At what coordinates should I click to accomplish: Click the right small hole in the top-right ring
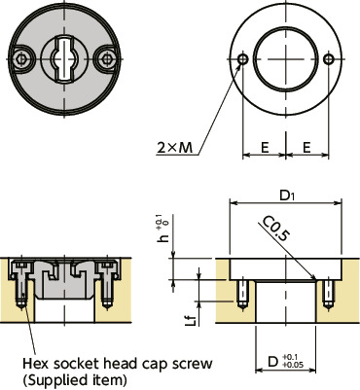[332, 60]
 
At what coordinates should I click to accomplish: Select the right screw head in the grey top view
[102, 60]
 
